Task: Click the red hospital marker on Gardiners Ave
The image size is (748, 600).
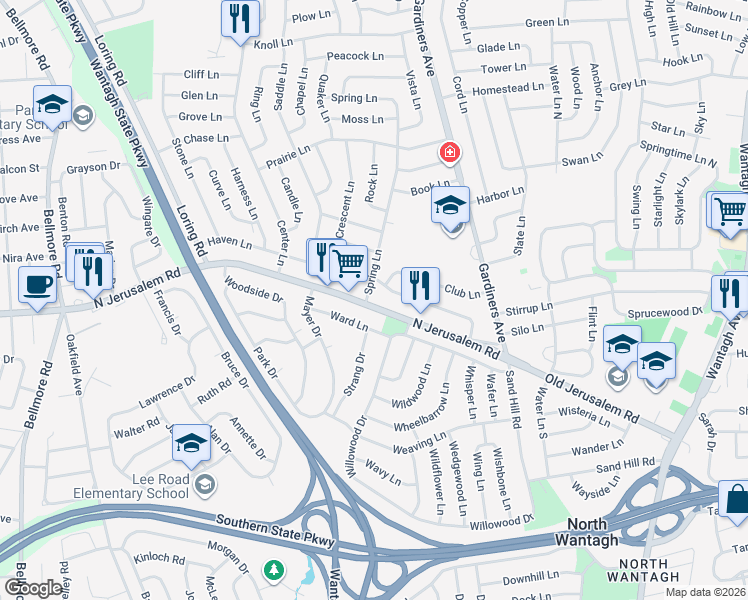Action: pyautogui.click(x=450, y=152)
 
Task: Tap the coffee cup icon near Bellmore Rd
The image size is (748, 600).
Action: pyautogui.click(x=38, y=284)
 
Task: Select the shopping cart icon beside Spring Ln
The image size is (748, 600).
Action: pyautogui.click(x=348, y=264)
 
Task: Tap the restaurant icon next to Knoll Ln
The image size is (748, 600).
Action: pyautogui.click(x=240, y=18)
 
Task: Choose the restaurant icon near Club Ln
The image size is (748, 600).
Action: pyautogui.click(x=420, y=286)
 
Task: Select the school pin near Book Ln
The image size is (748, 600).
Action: pyautogui.click(x=451, y=206)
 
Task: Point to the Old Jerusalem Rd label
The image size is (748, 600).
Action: pyautogui.click(x=591, y=398)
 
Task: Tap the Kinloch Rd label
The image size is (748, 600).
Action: pyautogui.click(x=160, y=557)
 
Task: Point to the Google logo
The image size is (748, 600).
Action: pyautogui.click(x=33, y=588)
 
